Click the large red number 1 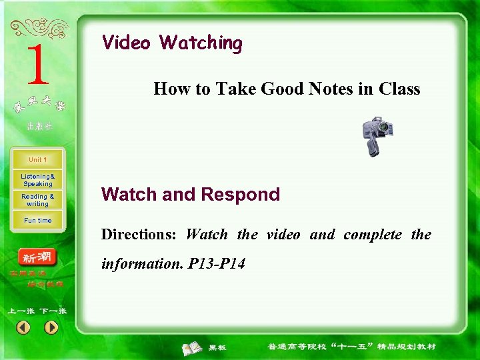37,65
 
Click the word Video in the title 126,43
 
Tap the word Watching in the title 201,43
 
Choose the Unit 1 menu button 38,160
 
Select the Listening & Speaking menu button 38,180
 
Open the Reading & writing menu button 38,200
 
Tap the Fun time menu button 38,220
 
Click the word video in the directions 283,235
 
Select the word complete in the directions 373,235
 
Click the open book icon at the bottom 193,347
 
